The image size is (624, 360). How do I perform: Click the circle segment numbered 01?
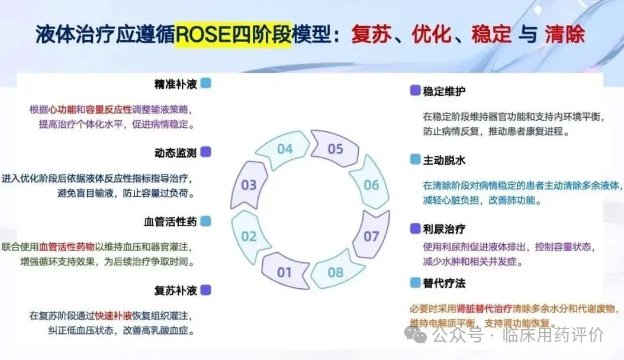coord(285,272)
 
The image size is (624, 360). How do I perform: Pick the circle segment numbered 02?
coord(249,236)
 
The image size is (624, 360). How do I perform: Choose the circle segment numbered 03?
coord(249,185)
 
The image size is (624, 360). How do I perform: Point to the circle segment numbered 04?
coord(285,149)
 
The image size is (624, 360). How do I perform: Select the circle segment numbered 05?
coord(336,149)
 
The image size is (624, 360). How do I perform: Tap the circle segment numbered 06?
coord(371,185)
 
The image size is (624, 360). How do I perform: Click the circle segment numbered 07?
coord(371,236)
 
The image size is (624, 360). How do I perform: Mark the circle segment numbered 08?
coord(336,272)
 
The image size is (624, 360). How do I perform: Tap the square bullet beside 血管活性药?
coord(205,221)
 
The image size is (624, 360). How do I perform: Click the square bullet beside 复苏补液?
coord(205,290)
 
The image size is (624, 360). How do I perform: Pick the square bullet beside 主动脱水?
coord(415,160)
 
